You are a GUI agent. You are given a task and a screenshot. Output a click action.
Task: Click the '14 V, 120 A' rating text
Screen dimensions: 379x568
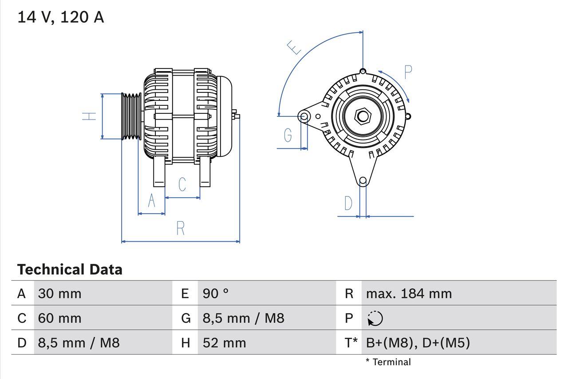point(60,17)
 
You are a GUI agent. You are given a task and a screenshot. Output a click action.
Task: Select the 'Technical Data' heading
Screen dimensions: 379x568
point(70,270)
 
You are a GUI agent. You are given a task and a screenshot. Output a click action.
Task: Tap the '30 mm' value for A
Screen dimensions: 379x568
point(59,293)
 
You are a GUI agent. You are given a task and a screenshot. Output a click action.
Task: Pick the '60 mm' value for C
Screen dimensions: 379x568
point(59,318)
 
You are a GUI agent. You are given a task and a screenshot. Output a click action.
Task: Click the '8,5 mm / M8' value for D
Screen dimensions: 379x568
point(79,343)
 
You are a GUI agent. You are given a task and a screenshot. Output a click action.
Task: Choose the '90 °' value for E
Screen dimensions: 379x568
point(216,293)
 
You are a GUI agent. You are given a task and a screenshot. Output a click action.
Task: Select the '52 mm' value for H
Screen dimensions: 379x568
point(224,343)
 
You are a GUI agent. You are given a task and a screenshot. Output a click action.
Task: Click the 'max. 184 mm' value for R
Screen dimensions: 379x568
point(409,293)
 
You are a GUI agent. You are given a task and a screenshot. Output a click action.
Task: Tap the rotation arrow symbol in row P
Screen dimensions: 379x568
point(375,318)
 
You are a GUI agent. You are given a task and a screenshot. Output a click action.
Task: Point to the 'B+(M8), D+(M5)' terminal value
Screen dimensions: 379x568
point(418,343)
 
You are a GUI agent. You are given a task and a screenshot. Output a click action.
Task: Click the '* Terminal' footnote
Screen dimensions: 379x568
point(388,362)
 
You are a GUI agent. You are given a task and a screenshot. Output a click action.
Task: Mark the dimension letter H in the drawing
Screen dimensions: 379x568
point(89,116)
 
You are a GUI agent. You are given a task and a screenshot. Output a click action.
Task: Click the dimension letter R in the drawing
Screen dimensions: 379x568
point(180,228)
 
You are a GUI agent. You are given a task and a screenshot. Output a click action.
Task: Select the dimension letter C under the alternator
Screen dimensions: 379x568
point(182,184)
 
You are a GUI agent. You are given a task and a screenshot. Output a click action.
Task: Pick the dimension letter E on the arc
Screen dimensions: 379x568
point(294,47)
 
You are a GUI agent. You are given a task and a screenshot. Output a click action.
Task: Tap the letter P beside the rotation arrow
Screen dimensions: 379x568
point(408,72)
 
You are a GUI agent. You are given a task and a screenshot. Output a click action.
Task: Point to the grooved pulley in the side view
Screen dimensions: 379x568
point(131,116)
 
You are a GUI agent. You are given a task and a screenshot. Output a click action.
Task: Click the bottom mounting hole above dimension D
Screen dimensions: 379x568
point(363,180)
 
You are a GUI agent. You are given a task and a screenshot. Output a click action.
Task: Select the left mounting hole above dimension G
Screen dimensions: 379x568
point(304,116)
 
